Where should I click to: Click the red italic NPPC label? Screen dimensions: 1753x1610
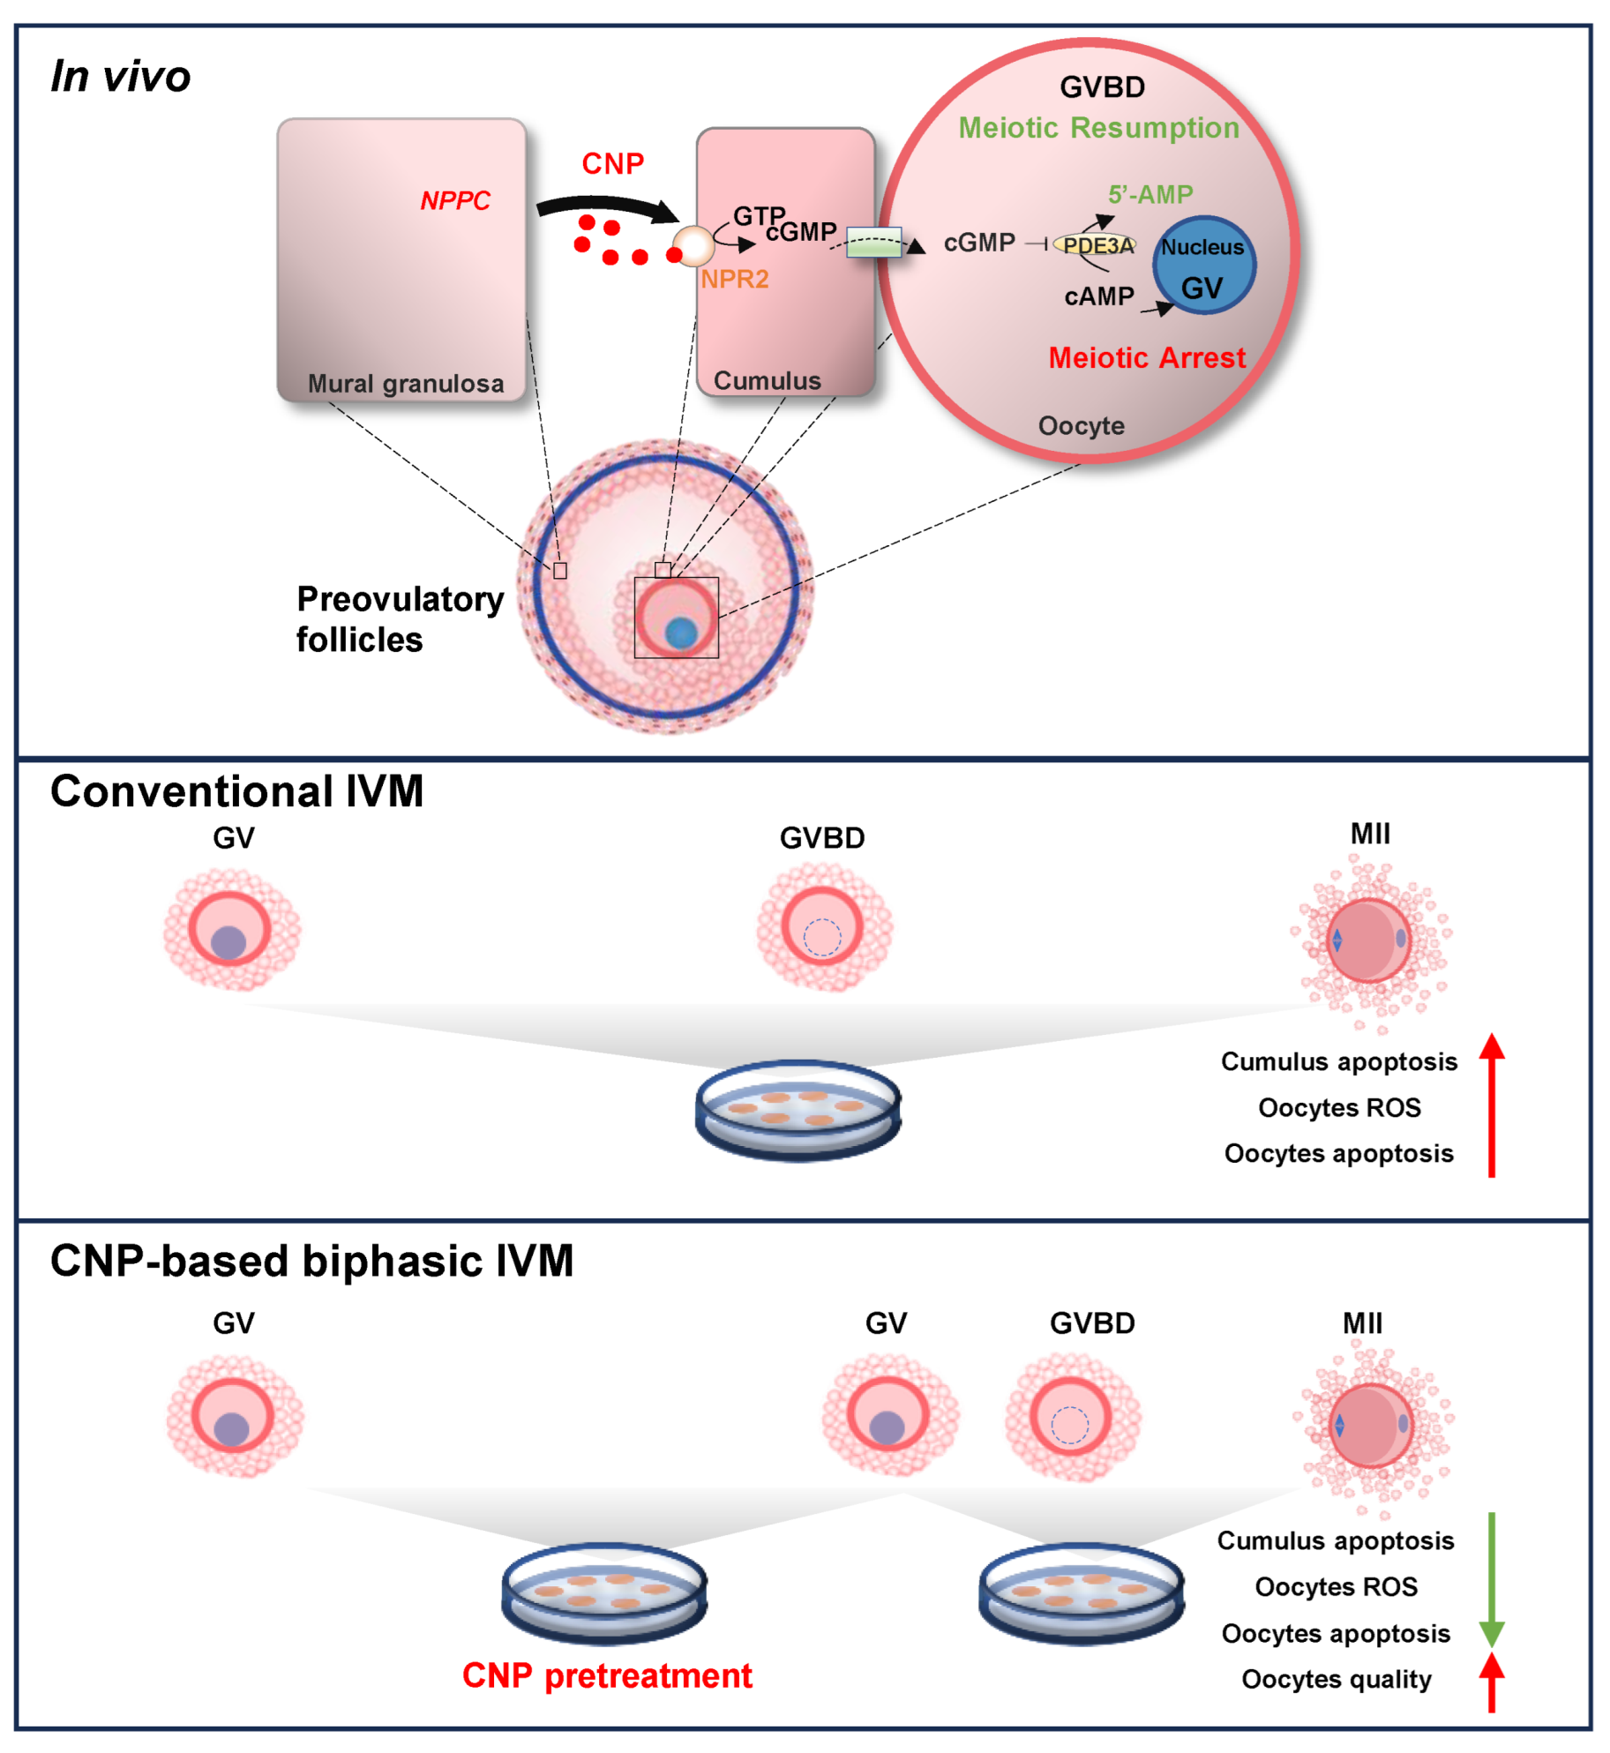point(454,201)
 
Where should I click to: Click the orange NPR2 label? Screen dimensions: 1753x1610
point(735,280)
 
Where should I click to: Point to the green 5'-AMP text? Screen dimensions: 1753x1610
point(1150,194)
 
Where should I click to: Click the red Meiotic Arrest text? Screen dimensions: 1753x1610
point(1146,358)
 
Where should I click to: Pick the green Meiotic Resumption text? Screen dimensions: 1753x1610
point(1098,128)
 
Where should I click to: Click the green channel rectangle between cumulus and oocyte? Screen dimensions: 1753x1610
point(873,243)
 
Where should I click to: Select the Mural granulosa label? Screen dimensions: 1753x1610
point(406,384)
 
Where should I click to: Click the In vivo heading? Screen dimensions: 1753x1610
point(121,77)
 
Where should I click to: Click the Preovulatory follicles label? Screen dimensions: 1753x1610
point(399,619)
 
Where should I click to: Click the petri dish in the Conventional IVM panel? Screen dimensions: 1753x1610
point(798,1109)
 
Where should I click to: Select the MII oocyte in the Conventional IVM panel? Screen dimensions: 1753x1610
point(1370,941)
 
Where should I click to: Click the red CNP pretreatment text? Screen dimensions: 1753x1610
point(607,1675)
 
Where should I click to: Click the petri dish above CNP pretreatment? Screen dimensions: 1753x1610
point(604,1593)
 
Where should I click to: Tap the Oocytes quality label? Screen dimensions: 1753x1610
point(1336,1679)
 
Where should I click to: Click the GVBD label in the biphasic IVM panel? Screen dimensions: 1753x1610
point(1092,1323)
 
